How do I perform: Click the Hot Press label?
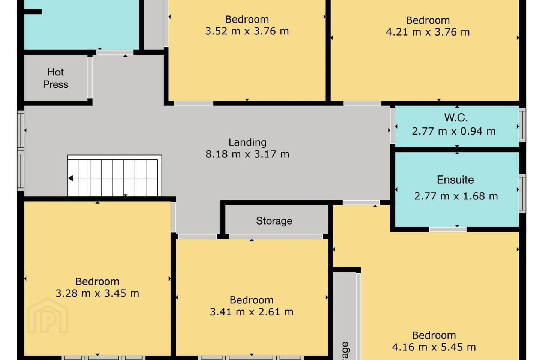point(55,78)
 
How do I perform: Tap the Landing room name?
point(247,142)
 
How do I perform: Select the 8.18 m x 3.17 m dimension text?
point(247,154)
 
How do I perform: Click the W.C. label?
point(456,118)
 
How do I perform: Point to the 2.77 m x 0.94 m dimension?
point(454,131)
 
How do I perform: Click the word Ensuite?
point(455,180)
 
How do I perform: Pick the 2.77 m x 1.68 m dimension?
point(456,196)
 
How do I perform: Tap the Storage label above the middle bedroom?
point(274,221)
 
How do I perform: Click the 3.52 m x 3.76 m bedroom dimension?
point(247,31)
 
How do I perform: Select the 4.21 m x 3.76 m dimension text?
point(428,32)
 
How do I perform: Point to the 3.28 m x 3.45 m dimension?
point(97,293)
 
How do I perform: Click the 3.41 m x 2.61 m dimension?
point(252,312)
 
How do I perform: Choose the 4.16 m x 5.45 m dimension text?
point(434,347)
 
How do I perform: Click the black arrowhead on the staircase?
point(70,178)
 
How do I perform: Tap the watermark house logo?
point(48,315)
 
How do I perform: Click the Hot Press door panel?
point(90,77)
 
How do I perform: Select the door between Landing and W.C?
point(393,126)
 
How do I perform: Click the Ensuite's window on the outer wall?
point(522,193)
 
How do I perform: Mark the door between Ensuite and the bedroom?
point(448,229)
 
